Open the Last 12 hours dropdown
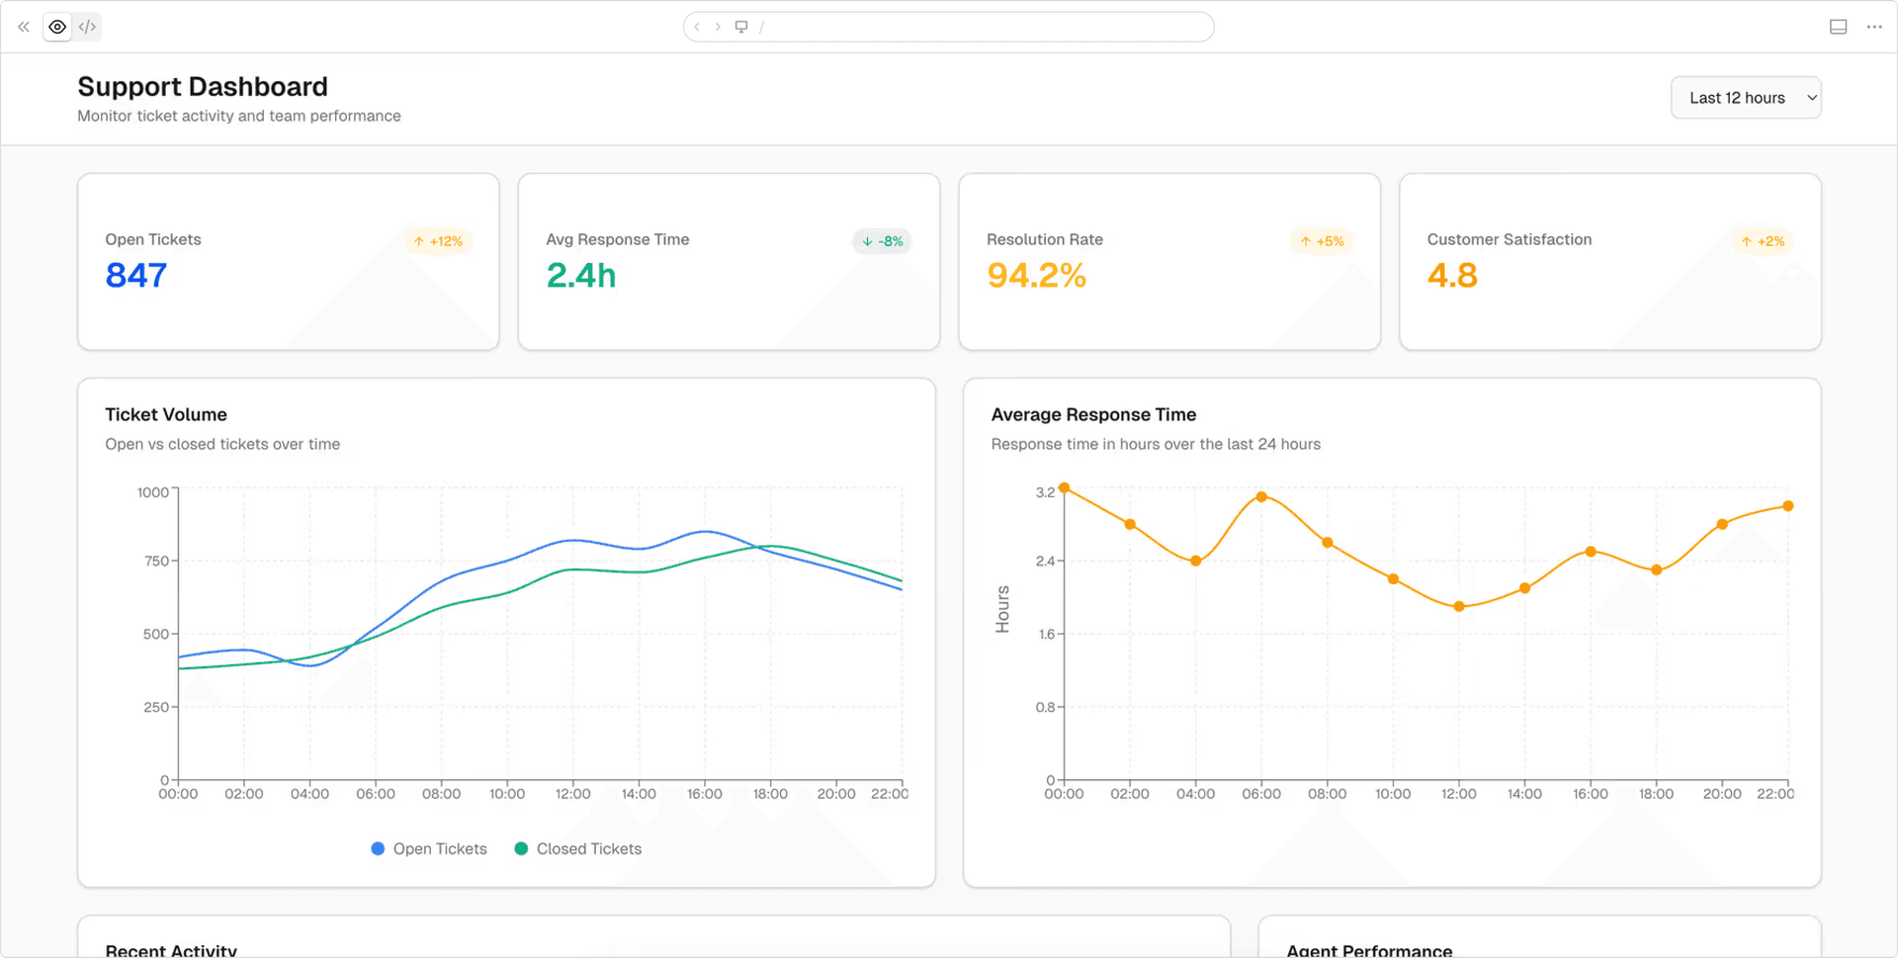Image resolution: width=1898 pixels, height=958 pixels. click(x=1745, y=98)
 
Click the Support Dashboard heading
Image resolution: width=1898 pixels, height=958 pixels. click(x=203, y=87)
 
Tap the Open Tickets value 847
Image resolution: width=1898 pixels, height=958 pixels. click(x=136, y=276)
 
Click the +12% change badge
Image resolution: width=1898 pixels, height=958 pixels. click(x=438, y=241)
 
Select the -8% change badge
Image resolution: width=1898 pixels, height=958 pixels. click(x=882, y=241)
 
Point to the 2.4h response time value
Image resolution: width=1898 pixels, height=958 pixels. click(x=581, y=276)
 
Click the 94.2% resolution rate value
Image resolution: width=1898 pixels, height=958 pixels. click(x=1036, y=276)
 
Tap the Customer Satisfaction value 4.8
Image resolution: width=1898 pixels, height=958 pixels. click(x=1451, y=276)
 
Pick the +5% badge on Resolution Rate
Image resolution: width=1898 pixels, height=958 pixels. click(x=1322, y=241)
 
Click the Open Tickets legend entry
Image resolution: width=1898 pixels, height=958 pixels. click(x=429, y=849)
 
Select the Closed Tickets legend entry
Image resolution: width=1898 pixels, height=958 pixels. click(x=578, y=849)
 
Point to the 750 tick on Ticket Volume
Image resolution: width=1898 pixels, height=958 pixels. click(x=156, y=561)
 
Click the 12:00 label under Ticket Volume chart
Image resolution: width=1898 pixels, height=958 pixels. click(x=572, y=794)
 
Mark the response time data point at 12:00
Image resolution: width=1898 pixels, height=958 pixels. click(x=1459, y=607)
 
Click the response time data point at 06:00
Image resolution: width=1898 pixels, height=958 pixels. click(x=1261, y=496)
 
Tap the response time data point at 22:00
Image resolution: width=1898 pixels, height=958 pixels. click(x=1788, y=506)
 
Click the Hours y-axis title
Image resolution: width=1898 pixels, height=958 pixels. click(x=1002, y=609)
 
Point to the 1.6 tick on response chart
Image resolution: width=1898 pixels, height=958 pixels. click(x=1046, y=634)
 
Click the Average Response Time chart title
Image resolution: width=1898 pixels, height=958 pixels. click(x=1093, y=415)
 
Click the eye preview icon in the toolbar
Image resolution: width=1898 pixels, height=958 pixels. click(x=58, y=27)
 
